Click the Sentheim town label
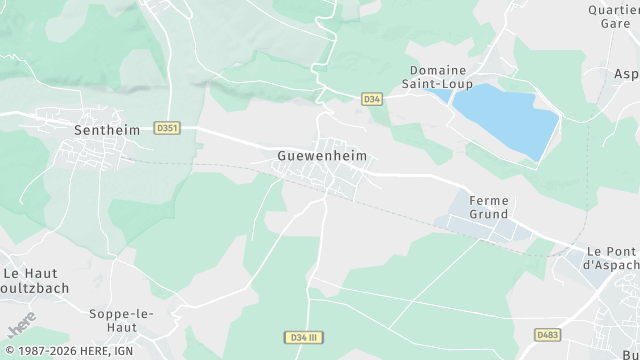click(x=104, y=130)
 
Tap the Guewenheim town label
click(x=322, y=157)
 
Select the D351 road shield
click(x=167, y=128)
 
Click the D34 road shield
click(x=372, y=99)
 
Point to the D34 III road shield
click(x=304, y=337)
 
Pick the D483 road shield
click(x=548, y=334)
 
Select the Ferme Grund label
click(x=488, y=207)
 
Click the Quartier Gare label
click(x=612, y=17)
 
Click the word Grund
click(x=488, y=214)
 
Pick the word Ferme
click(x=488, y=200)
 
